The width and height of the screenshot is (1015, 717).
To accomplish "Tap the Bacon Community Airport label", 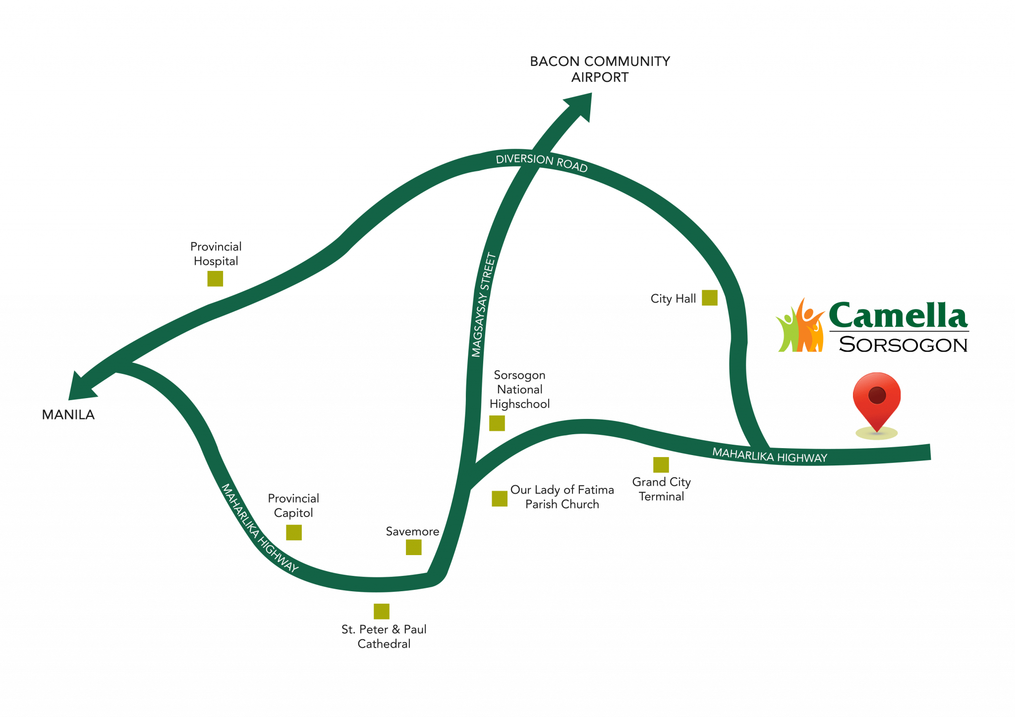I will pyautogui.click(x=600, y=69).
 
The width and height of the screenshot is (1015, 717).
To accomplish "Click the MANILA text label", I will pyautogui.click(x=68, y=414).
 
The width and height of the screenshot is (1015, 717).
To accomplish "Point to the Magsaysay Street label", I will pyautogui.click(x=484, y=305).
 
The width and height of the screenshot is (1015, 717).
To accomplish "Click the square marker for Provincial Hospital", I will pyautogui.click(x=215, y=279).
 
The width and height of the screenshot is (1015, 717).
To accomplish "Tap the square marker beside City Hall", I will pyautogui.click(x=709, y=298).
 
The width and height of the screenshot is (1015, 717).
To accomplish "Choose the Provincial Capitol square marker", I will pyautogui.click(x=294, y=532).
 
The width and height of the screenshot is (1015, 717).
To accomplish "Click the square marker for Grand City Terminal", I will pyautogui.click(x=661, y=465).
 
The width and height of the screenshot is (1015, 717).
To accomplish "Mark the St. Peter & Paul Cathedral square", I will pyautogui.click(x=381, y=612).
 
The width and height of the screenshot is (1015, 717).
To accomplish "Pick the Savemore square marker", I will pyautogui.click(x=414, y=547).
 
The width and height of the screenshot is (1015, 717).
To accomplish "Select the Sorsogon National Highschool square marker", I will pyautogui.click(x=497, y=423).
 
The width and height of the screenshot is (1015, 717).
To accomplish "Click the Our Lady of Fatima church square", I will pyautogui.click(x=499, y=499).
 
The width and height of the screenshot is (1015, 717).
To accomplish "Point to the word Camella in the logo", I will pyautogui.click(x=897, y=315).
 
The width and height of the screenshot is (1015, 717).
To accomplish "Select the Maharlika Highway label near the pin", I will pyautogui.click(x=770, y=455).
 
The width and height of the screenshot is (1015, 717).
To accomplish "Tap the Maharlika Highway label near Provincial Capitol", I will pyautogui.click(x=260, y=528).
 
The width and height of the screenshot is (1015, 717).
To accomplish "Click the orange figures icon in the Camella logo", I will pyautogui.click(x=801, y=327).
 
